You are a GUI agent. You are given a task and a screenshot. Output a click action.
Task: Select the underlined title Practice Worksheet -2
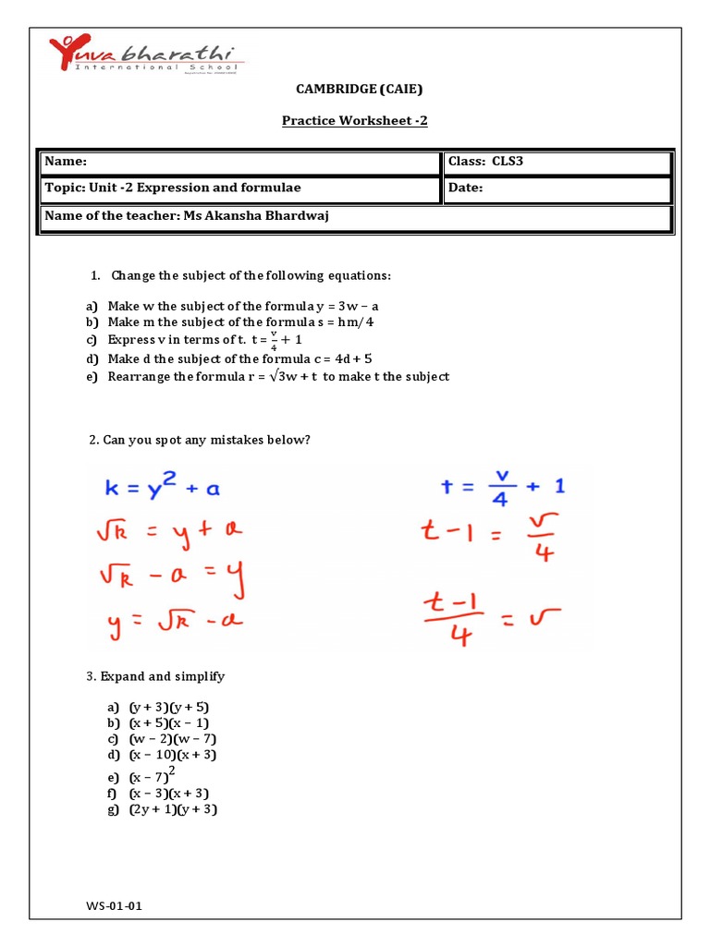tap(355, 121)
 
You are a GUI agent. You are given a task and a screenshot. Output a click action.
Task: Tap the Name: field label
tap(66, 162)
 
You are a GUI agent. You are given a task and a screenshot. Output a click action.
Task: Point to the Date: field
tap(466, 188)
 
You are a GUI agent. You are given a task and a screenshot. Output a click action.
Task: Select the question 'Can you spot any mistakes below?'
tap(200, 440)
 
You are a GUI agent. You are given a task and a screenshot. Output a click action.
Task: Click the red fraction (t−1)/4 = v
tap(496, 615)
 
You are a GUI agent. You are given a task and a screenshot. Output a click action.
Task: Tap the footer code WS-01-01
tap(114, 906)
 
